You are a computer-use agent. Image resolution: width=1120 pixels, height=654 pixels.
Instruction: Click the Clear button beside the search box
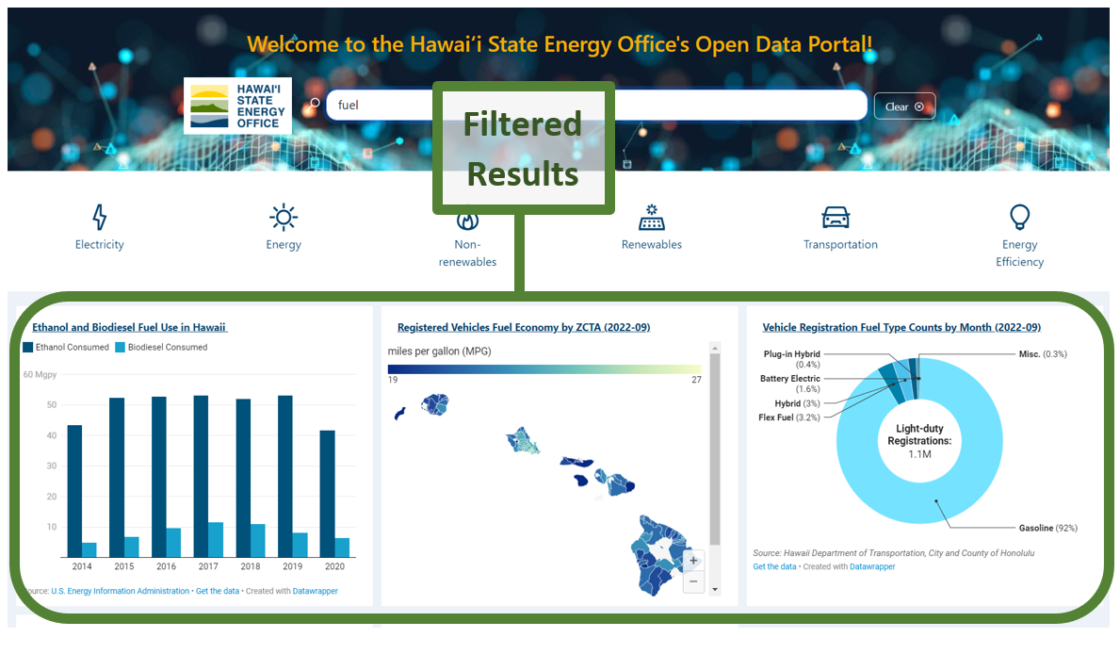click(904, 106)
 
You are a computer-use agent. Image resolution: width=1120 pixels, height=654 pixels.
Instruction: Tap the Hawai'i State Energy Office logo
click(237, 106)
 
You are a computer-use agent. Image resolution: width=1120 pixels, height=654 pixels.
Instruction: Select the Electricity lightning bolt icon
click(100, 218)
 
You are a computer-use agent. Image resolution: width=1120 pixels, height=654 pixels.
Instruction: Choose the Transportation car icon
click(836, 218)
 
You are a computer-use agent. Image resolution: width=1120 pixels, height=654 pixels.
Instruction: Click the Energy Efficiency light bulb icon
click(1019, 218)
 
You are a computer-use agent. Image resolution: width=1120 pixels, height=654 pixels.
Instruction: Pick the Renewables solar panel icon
click(651, 218)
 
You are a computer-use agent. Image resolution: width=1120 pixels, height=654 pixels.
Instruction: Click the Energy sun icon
click(284, 218)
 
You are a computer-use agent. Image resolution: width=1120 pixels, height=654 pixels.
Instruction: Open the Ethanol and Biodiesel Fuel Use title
click(129, 328)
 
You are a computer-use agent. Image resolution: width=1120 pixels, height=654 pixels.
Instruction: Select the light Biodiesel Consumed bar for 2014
click(89, 549)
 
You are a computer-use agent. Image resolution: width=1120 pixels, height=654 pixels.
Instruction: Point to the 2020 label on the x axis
click(334, 566)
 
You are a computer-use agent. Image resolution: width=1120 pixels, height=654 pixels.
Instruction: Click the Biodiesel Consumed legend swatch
click(121, 348)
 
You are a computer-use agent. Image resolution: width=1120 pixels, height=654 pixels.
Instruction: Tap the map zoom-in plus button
click(694, 561)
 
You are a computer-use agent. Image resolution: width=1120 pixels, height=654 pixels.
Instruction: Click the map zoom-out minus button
click(694, 581)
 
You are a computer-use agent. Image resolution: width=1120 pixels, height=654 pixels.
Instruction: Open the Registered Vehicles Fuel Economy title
click(524, 328)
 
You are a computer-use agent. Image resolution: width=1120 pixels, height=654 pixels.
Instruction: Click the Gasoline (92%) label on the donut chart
click(1047, 528)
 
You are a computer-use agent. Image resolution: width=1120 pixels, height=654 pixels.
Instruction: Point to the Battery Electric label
click(790, 379)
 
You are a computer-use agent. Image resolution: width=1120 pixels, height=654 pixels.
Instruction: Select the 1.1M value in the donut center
click(919, 453)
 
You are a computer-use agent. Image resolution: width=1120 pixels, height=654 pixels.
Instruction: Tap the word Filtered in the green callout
click(523, 124)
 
